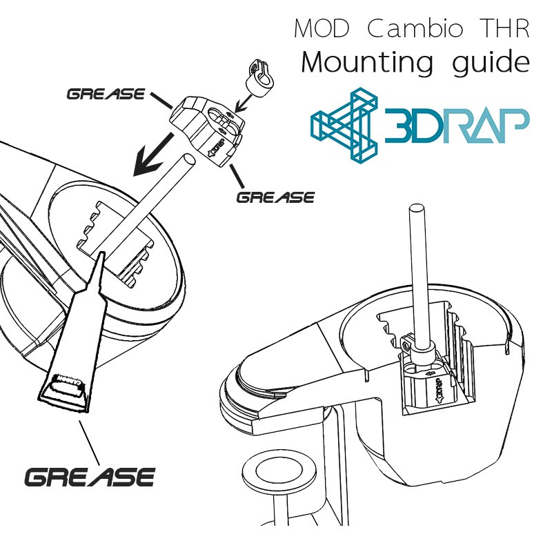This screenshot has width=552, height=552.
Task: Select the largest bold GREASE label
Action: (90, 476)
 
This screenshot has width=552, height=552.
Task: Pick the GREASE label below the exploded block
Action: (275, 197)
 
